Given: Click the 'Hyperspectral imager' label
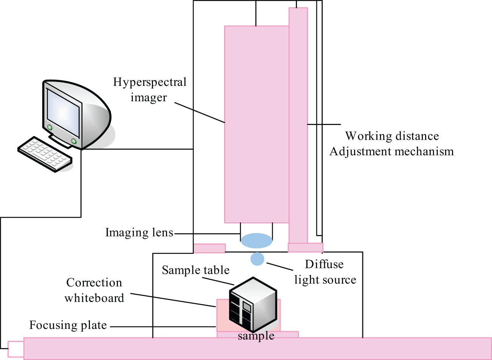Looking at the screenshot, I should pyautogui.click(x=150, y=90).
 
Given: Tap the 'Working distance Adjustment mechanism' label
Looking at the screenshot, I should pyautogui.click(x=391, y=144).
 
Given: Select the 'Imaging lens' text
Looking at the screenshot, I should pyautogui.click(x=139, y=232).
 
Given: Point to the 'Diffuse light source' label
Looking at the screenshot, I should pyautogui.click(x=325, y=272).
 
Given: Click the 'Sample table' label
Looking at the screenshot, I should pyautogui.click(x=195, y=270).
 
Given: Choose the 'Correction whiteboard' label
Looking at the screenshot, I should pyautogui.click(x=94, y=290).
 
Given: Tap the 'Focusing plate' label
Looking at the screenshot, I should pyautogui.click(x=68, y=325).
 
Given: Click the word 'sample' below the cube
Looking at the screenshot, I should pyautogui.click(x=256, y=335).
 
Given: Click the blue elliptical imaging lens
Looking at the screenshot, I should pyautogui.click(x=257, y=241).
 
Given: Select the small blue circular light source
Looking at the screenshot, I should pyautogui.click(x=257, y=259).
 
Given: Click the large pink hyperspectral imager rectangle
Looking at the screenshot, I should pyautogui.click(x=257, y=125).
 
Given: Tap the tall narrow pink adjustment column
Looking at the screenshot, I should pyautogui.click(x=298, y=125).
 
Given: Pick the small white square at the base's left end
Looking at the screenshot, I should pyautogui.click(x=15, y=349).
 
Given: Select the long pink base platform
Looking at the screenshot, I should pyautogui.click(x=257, y=348).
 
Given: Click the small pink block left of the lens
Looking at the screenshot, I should pyautogui.click(x=209, y=248).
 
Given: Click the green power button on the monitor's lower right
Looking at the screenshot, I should pyautogui.click(x=74, y=141).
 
